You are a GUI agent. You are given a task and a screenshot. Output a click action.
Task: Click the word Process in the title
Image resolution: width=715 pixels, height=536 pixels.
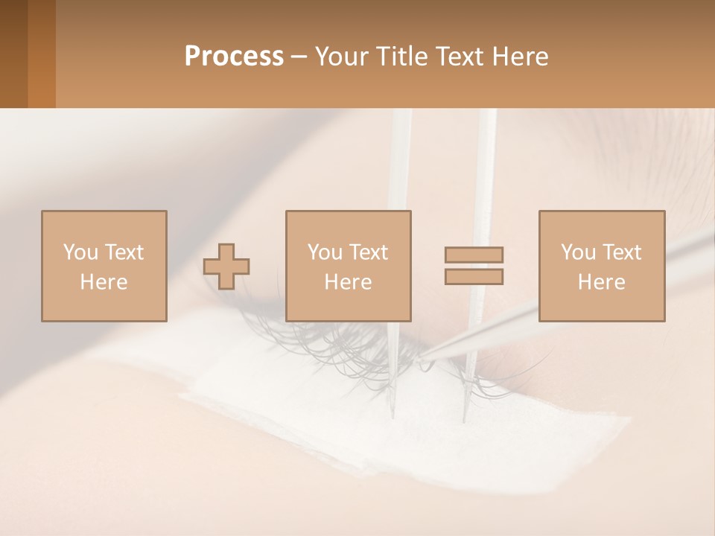tap(234, 57)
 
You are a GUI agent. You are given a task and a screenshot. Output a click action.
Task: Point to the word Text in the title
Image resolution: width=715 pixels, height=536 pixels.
tap(461, 57)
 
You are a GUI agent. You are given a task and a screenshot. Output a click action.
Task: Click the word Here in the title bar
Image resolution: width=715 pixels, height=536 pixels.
tap(521, 57)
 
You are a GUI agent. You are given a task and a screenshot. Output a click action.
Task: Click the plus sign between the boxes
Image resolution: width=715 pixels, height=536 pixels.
tap(226, 267)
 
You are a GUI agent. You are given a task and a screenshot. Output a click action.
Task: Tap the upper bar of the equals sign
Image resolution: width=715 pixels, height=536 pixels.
tap(474, 255)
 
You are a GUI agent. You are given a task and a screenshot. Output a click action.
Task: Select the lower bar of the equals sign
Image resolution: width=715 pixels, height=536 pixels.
tap(474, 276)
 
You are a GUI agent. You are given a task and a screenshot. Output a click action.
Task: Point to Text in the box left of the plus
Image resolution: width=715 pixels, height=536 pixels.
tap(123, 252)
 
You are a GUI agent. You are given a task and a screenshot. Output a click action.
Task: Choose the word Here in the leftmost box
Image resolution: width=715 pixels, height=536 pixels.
tap(104, 282)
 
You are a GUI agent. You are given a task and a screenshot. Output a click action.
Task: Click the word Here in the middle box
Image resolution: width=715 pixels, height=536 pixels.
tap(348, 282)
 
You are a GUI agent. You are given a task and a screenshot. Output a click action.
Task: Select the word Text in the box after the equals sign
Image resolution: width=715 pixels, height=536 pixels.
tap(621, 252)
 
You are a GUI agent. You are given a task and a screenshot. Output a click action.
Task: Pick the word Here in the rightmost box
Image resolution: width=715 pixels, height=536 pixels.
tap(601, 282)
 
